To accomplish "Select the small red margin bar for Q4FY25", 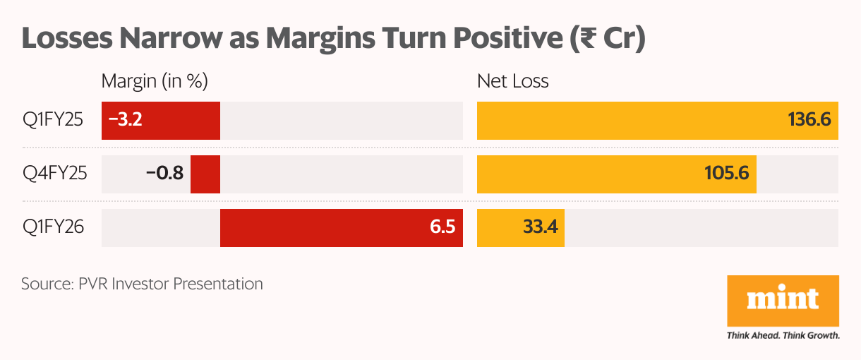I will pyautogui.click(x=205, y=174).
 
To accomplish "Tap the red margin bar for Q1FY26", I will pyautogui.click(x=341, y=227).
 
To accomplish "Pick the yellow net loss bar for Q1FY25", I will pyautogui.click(x=658, y=120).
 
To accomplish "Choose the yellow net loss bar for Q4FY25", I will pyautogui.click(x=617, y=174).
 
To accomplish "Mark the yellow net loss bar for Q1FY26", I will pyautogui.click(x=521, y=227).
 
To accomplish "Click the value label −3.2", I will pyautogui.click(x=126, y=120).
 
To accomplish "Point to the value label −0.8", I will pyautogui.click(x=164, y=174).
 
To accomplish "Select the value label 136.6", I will pyautogui.click(x=809, y=120).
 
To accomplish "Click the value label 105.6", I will pyautogui.click(x=726, y=174).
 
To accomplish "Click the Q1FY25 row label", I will pyautogui.click(x=53, y=120).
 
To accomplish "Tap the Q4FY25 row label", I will pyautogui.click(x=54, y=174).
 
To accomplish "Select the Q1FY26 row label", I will pyautogui.click(x=54, y=227).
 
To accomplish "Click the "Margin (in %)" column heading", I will pyautogui.click(x=155, y=81).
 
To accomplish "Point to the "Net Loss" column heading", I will pyautogui.click(x=513, y=81).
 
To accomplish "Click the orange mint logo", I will pyautogui.click(x=783, y=301).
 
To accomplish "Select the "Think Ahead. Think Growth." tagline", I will pyautogui.click(x=783, y=335).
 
